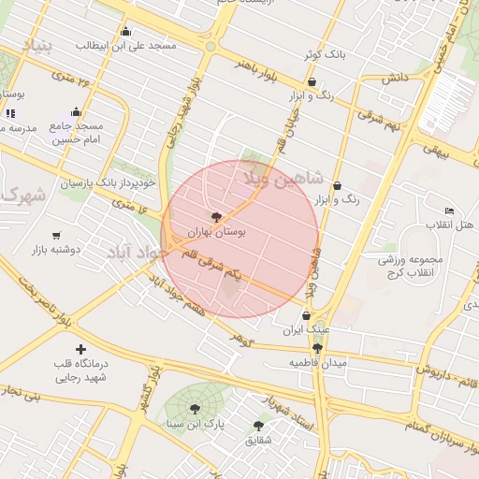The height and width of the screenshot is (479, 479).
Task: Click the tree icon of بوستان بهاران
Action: [x=217, y=216]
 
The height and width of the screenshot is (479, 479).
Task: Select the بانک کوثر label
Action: [x=324, y=55]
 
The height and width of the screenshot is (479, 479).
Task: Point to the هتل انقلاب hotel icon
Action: [x=449, y=211]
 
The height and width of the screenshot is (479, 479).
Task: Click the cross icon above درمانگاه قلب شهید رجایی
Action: [x=80, y=349]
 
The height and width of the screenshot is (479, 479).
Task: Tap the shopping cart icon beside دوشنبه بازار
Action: [x=57, y=236]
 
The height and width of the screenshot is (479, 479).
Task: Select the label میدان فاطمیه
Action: [x=317, y=362]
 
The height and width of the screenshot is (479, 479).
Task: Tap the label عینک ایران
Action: [x=306, y=330]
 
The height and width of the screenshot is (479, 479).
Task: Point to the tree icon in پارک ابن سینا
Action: [x=194, y=408]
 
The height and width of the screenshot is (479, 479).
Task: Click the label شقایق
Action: [x=259, y=440]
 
